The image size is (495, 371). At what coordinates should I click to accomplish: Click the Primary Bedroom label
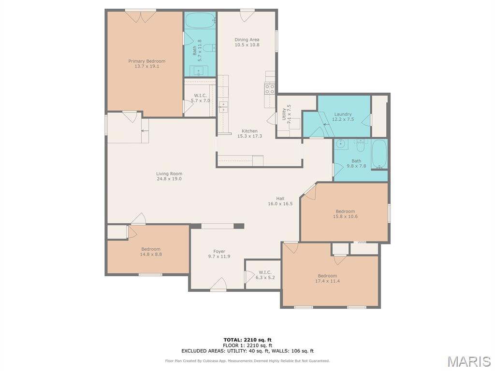pos(147,61)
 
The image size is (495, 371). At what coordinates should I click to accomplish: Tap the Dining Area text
pos(247,40)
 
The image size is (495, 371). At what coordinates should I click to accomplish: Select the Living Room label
pos(169,173)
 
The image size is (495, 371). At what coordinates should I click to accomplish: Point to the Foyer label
pos(219,251)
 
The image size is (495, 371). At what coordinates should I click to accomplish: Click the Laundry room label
pos(343,114)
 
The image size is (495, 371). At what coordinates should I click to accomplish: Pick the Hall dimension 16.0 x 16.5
pos(280,204)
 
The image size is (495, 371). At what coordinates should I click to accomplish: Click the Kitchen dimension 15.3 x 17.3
pos(250,136)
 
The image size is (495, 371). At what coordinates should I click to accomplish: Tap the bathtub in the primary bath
pos(200,20)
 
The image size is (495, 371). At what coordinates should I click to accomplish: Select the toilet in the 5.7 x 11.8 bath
pos(209,48)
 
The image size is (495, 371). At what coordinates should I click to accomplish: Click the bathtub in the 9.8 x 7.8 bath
pos(379,154)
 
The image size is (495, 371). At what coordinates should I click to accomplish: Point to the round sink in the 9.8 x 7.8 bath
pos(341,144)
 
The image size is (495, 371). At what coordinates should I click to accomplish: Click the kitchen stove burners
pos(270,89)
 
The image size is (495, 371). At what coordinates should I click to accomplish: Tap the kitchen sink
pos(223,105)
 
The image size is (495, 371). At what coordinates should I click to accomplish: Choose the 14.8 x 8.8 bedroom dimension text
pos(151,254)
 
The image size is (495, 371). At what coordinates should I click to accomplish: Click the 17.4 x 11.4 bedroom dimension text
pos(327,281)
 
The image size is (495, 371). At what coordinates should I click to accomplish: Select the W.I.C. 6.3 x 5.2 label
pos(265,275)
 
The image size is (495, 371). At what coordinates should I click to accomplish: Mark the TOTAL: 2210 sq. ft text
pos(247,340)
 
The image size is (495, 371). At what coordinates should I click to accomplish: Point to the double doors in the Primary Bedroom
pos(141,16)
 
